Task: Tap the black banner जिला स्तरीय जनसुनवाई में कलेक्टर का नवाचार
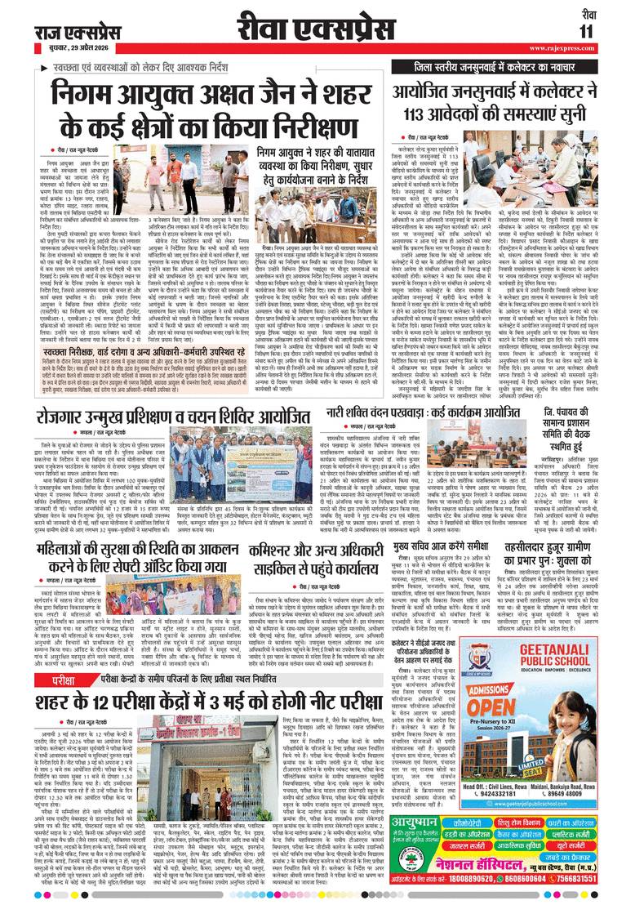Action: click(510, 65)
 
